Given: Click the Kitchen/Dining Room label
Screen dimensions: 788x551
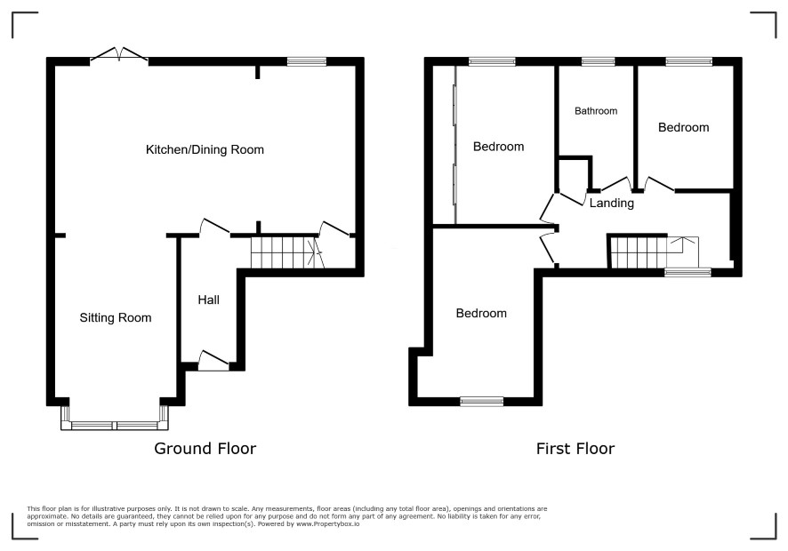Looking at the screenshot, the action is click(x=205, y=149).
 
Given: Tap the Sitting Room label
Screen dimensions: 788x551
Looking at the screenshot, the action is click(x=116, y=318).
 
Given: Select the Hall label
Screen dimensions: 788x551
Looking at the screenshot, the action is click(x=208, y=299).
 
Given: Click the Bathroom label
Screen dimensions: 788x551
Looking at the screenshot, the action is click(x=596, y=111).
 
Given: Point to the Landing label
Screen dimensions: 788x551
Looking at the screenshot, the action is click(x=612, y=203).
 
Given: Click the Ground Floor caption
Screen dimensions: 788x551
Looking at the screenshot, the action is click(x=205, y=449).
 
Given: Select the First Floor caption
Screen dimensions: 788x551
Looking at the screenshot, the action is click(x=575, y=449).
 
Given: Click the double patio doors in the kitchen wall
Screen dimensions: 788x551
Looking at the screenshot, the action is click(x=119, y=56).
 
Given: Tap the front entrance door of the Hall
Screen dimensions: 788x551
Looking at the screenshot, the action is click(x=214, y=361).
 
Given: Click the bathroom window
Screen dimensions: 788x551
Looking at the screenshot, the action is click(x=598, y=62).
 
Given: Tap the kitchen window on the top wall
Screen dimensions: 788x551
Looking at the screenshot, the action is click(x=307, y=62).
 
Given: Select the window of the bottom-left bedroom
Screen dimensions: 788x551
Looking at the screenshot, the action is click(x=482, y=401).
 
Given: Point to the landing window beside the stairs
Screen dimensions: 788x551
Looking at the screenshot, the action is click(x=688, y=272).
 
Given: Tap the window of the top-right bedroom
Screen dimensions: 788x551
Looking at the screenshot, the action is click(x=689, y=62).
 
